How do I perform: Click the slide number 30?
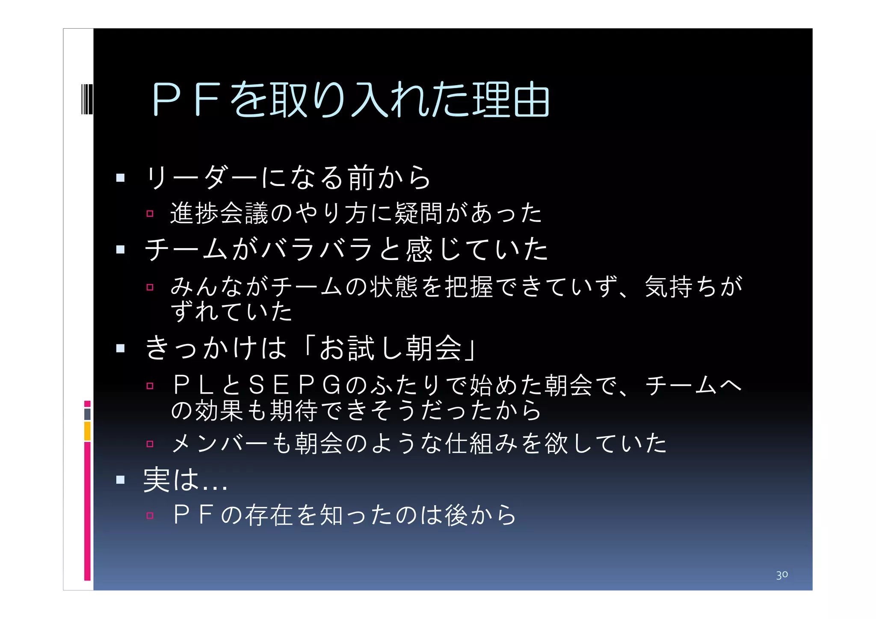tap(781, 575)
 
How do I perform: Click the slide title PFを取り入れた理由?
tap(351, 99)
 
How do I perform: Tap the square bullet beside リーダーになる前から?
tap(120, 178)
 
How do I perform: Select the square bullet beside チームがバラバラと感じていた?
tap(120, 249)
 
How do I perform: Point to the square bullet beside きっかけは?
tap(120, 348)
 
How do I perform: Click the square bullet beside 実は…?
tap(120, 480)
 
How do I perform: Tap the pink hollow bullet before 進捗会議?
tap(150, 213)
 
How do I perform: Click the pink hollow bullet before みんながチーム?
tap(150, 287)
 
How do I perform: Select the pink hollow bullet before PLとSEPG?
tap(150, 386)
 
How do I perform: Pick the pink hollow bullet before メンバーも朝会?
tap(150, 444)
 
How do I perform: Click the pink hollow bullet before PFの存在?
tap(150, 515)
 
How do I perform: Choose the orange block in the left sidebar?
tap(87, 431)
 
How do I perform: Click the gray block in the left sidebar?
tap(87, 414)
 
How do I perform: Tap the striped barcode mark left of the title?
tap(87, 99)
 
